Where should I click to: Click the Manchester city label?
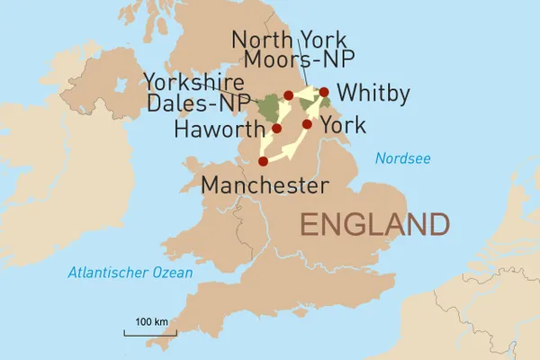(264, 186)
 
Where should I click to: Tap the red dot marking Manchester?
(263, 162)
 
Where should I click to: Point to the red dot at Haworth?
(276, 129)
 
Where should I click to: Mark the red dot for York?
(307, 124)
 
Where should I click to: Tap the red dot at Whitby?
(324, 92)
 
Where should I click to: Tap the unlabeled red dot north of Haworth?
(288, 94)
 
